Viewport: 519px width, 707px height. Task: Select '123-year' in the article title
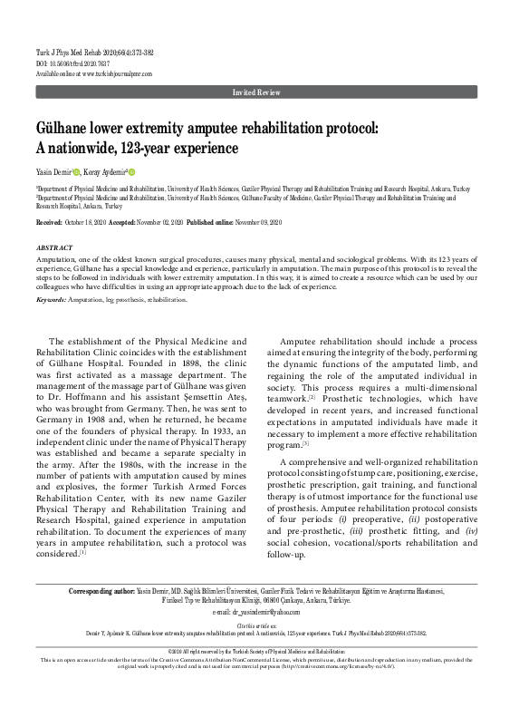[153, 146]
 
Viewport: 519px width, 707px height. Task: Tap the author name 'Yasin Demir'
[53, 171]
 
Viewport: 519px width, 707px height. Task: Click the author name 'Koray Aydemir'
[107, 171]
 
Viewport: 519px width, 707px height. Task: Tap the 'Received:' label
[49, 222]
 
